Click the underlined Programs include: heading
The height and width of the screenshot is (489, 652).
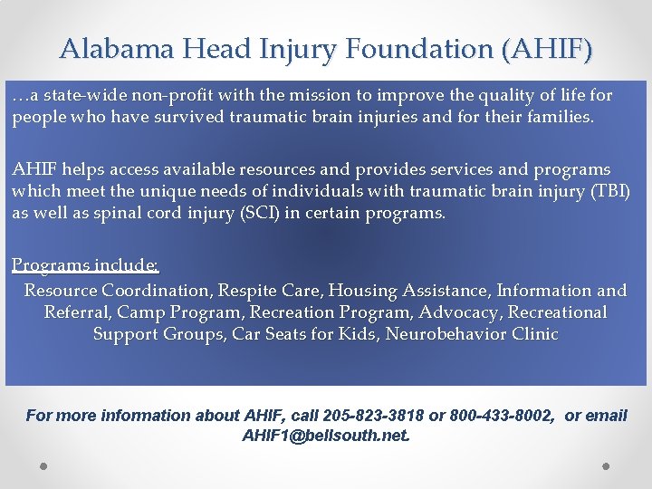point(86,265)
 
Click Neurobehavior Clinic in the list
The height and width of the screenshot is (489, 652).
point(472,334)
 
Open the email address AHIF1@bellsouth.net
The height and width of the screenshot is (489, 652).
point(326,436)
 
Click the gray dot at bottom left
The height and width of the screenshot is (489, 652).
point(43,465)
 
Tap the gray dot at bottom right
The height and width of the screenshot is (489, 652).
point(606,465)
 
